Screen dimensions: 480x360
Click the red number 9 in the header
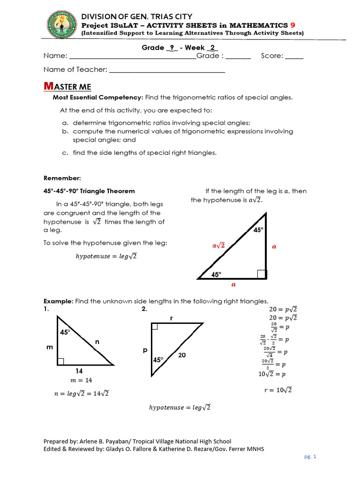tap(293, 25)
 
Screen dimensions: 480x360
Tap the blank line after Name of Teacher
tap(167, 70)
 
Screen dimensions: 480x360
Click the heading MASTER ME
tap(67, 87)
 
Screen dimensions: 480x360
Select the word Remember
tap(62, 178)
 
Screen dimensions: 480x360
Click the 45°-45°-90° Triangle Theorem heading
tap(89, 191)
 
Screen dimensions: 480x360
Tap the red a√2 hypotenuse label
tap(218, 245)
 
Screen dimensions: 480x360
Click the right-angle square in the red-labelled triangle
tap(262, 274)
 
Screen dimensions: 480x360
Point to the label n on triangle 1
tap(97, 342)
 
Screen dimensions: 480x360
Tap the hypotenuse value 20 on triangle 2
tap(182, 356)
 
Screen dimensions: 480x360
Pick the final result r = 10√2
tap(275, 390)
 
